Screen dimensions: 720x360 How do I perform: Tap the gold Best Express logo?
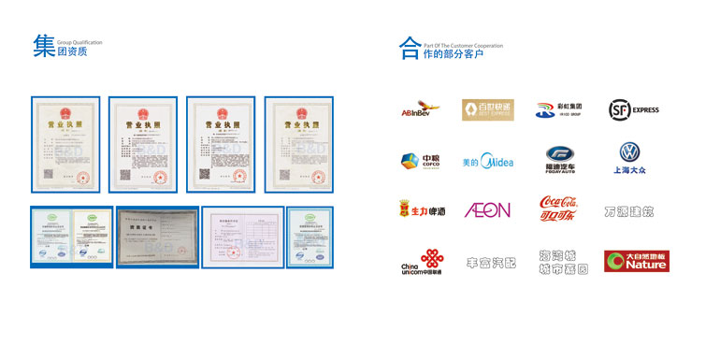tap(488, 110)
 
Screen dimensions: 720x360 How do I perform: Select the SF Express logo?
tap(632, 110)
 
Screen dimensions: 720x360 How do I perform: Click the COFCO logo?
tap(414, 161)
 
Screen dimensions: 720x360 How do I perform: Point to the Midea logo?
tap(488, 161)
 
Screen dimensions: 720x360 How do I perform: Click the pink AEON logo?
tap(488, 210)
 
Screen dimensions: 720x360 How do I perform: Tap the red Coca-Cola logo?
tap(559, 210)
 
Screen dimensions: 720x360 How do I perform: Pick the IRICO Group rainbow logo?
tap(559, 109)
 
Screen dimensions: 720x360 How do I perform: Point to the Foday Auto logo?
tap(559, 159)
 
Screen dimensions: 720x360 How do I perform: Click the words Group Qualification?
tap(79, 43)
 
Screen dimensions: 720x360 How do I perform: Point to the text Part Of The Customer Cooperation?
tap(463, 43)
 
